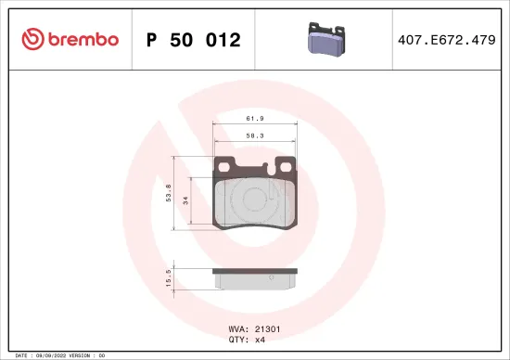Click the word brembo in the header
[83, 39]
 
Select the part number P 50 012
[194, 40]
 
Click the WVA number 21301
[267, 328]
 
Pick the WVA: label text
[236, 328]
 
